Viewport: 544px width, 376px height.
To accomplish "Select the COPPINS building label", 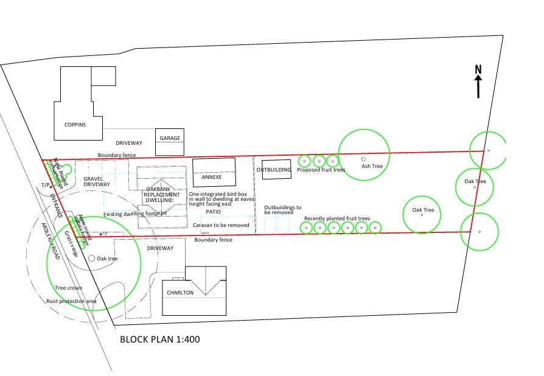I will coord(75,125).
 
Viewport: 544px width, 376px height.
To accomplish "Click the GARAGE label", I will coord(170,138).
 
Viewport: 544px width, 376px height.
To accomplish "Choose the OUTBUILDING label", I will coord(273,170).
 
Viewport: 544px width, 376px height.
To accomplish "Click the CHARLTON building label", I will coord(180,293).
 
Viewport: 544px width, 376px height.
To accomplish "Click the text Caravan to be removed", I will coord(221,225).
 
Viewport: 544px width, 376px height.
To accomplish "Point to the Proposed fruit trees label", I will coord(321,170).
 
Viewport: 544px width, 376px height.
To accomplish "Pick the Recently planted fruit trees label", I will coord(337,218).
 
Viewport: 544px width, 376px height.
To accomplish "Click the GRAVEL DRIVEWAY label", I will coord(97,181).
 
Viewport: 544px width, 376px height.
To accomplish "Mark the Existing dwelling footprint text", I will coord(131,214).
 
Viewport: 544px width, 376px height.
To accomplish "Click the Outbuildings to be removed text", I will coord(282,210).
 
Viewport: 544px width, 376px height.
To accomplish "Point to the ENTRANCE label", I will coord(56,206).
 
